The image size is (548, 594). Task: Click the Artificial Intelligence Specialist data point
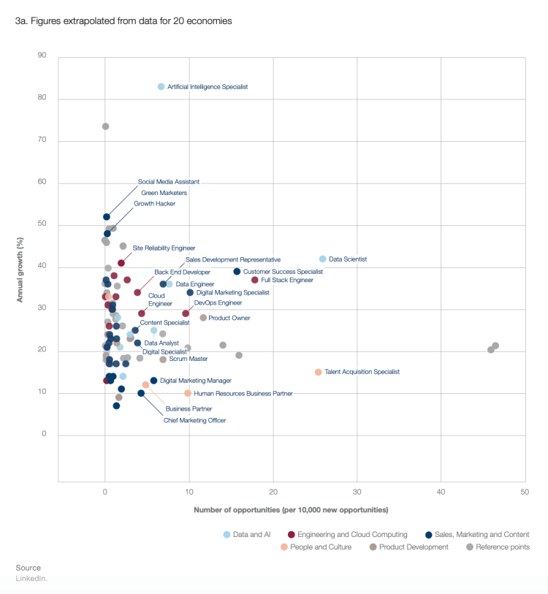click(161, 87)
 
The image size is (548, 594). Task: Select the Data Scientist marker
click(323, 259)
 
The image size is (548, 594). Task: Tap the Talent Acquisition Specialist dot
click(319, 372)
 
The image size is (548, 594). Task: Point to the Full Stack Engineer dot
click(255, 280)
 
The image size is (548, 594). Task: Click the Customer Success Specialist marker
click(237, 272)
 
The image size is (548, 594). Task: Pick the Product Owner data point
click(203, 318)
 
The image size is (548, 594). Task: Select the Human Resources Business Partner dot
click(188, 393)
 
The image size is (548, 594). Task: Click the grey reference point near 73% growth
click(105, 126)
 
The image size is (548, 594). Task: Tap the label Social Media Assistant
click(169, 182)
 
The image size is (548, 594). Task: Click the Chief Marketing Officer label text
click(194, 420)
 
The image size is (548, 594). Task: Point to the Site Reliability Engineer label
click(164, 248)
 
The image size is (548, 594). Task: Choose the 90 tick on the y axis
click(42, 56)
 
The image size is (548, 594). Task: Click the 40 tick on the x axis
click(441, 492)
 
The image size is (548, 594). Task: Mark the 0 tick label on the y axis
click(45, 435)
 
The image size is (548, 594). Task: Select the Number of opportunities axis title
click(291, 509)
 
